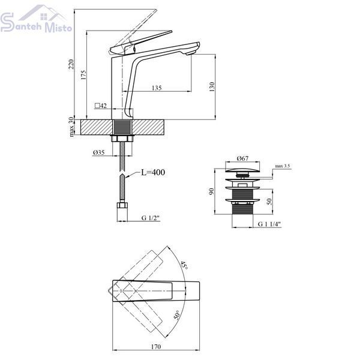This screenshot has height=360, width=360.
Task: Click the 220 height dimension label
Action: click(71, 64)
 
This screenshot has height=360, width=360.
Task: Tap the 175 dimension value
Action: click(83, 75)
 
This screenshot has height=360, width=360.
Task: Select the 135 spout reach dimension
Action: click(157, 88)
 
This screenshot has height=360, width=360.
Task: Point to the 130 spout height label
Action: click(212, 87)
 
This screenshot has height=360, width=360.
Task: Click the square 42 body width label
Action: click(101, 106)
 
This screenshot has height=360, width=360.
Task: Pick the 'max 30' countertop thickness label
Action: click(71, 127)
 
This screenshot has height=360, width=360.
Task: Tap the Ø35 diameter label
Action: click(99, 152)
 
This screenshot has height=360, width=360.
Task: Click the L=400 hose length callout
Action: click(153, 172)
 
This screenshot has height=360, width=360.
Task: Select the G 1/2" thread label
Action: click(151, 218)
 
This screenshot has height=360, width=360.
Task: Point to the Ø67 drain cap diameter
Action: click(242, 158)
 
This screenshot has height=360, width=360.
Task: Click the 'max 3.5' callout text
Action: click(283, 166)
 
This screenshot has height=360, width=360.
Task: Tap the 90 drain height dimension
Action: click(211, 191)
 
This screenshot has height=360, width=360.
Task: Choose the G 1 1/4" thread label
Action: click(269, 224)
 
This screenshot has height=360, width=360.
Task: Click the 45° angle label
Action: click(184, 265)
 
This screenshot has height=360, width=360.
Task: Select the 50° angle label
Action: click(176, 314)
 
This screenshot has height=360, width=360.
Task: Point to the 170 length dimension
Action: click(156, 346)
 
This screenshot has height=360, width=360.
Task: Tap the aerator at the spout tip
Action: click(191, 53)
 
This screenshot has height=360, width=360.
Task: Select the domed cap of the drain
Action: click(242, 170)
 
